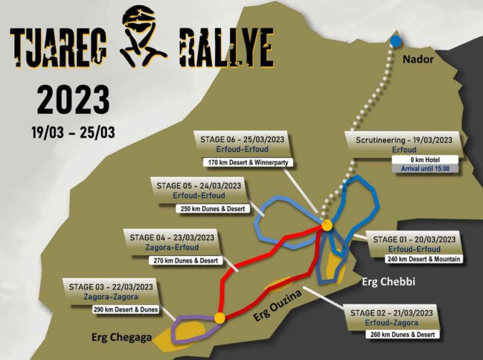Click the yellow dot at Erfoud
coord(326,225)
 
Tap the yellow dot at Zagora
coord(219,318)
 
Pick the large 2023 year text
coord(73,100)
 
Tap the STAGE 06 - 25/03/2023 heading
coord(241,139)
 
